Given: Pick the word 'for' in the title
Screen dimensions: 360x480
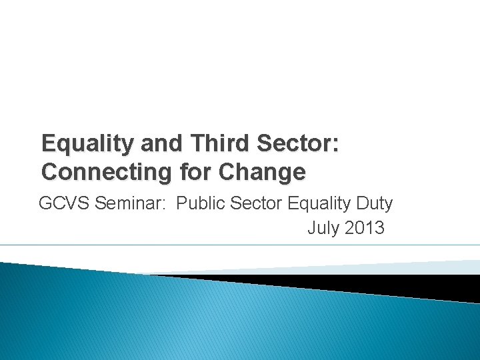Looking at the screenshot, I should [x=194, y=172].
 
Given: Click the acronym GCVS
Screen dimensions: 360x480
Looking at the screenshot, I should [x=65, y=203].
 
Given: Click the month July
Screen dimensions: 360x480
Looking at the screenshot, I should [x=323, y=228].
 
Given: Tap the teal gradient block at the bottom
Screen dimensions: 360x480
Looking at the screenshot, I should [x=167, y=320].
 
